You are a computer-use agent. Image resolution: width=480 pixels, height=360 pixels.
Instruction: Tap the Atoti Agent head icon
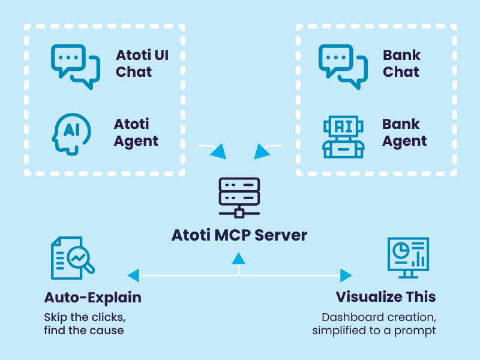[71, 133]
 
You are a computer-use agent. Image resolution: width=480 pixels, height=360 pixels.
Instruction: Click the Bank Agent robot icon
[343, 136]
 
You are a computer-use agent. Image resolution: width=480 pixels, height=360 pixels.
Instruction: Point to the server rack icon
[239, 197]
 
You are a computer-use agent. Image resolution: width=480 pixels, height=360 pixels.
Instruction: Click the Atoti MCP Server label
[239, 235]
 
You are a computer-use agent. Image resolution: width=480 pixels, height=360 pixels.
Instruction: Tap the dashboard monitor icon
[409, 257]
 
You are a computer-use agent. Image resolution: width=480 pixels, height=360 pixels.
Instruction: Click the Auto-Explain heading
[93, 298]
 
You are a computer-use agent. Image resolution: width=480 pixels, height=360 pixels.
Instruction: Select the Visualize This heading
[386, 297]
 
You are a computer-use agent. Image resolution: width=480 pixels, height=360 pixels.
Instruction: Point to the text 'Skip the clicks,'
[85, 316]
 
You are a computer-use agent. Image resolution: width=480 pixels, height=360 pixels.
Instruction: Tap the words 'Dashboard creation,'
[377, 317]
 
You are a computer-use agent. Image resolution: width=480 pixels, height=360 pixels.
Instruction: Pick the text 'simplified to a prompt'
[374, 330]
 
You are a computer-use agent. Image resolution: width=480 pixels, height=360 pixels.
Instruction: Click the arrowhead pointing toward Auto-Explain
[133, 275]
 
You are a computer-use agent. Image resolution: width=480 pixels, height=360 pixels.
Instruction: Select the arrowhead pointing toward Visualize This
[346, 275]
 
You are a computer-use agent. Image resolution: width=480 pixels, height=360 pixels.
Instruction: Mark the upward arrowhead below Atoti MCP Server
[239, 259]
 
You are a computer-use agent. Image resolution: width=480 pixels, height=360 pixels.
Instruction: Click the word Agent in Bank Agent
[404, 142]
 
